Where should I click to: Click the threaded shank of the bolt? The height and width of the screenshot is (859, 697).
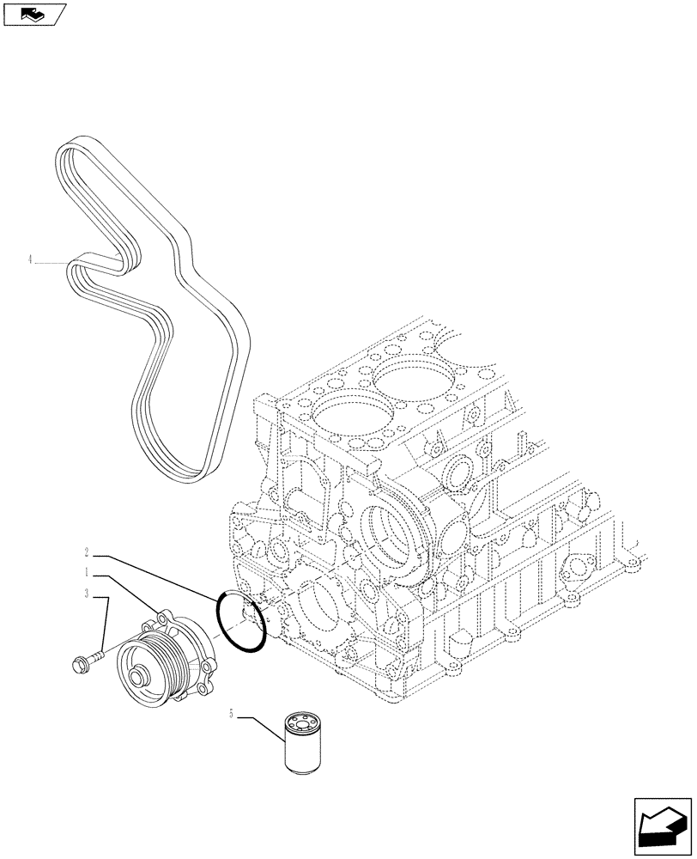coord(95,657)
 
